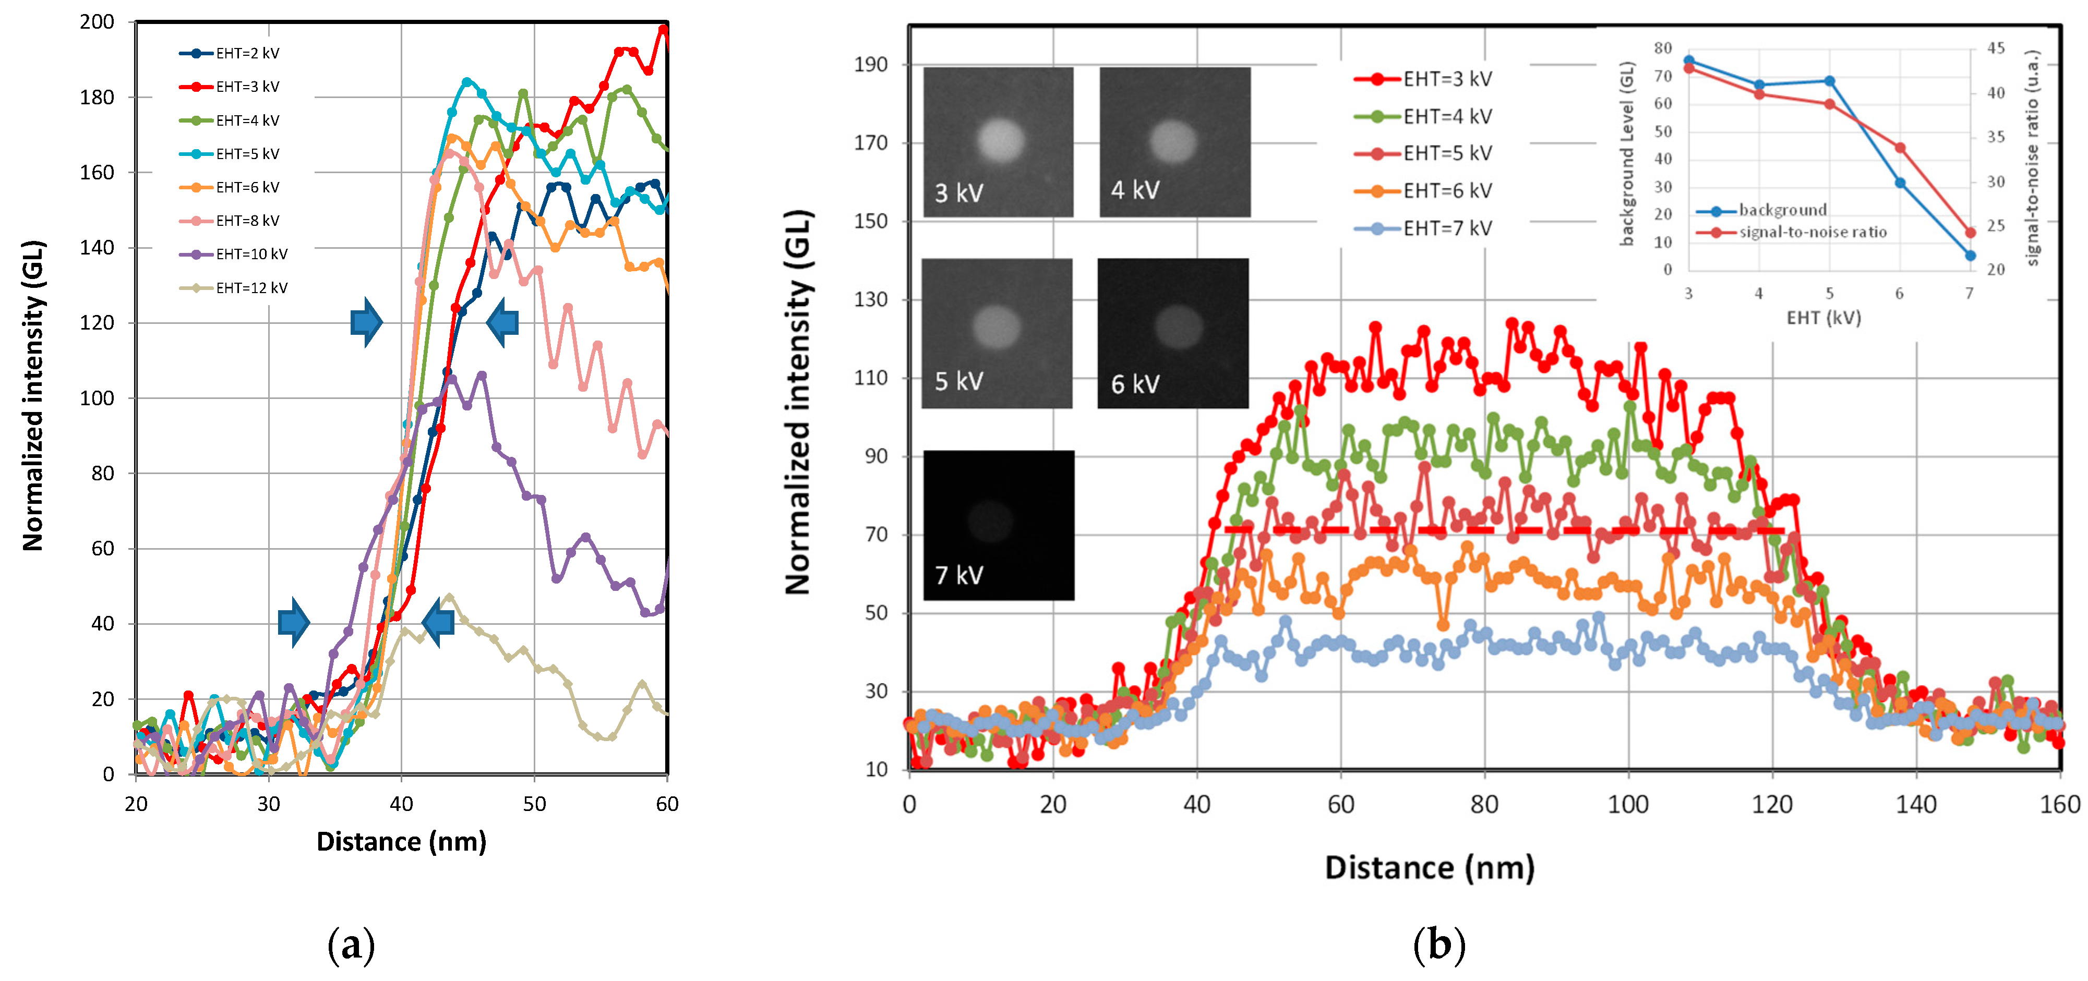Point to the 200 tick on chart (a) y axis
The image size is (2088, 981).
[x=97, y=22]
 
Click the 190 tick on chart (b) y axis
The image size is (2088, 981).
[x=871, y=64]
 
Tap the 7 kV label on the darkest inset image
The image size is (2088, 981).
[x=959, y=575]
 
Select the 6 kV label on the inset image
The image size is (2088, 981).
[x=1135, y=384]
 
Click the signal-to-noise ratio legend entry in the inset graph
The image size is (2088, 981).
[x=1811, y=233]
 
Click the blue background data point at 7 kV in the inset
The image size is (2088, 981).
[x=1970, y=255]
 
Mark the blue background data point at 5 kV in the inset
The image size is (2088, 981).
[x=1829, y=81]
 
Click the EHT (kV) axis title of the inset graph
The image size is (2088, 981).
[x=1824, y=318]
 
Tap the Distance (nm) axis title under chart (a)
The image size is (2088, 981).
[x=401, y=842]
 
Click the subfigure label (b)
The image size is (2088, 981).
[x=1439, y=944]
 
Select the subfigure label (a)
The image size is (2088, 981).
[x=351, y=944]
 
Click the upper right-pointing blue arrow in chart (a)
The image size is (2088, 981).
[x=366, y=322]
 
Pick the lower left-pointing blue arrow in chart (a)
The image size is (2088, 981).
[x=438, y=622]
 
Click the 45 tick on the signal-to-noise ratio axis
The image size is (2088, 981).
[x=1996, y=48]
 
